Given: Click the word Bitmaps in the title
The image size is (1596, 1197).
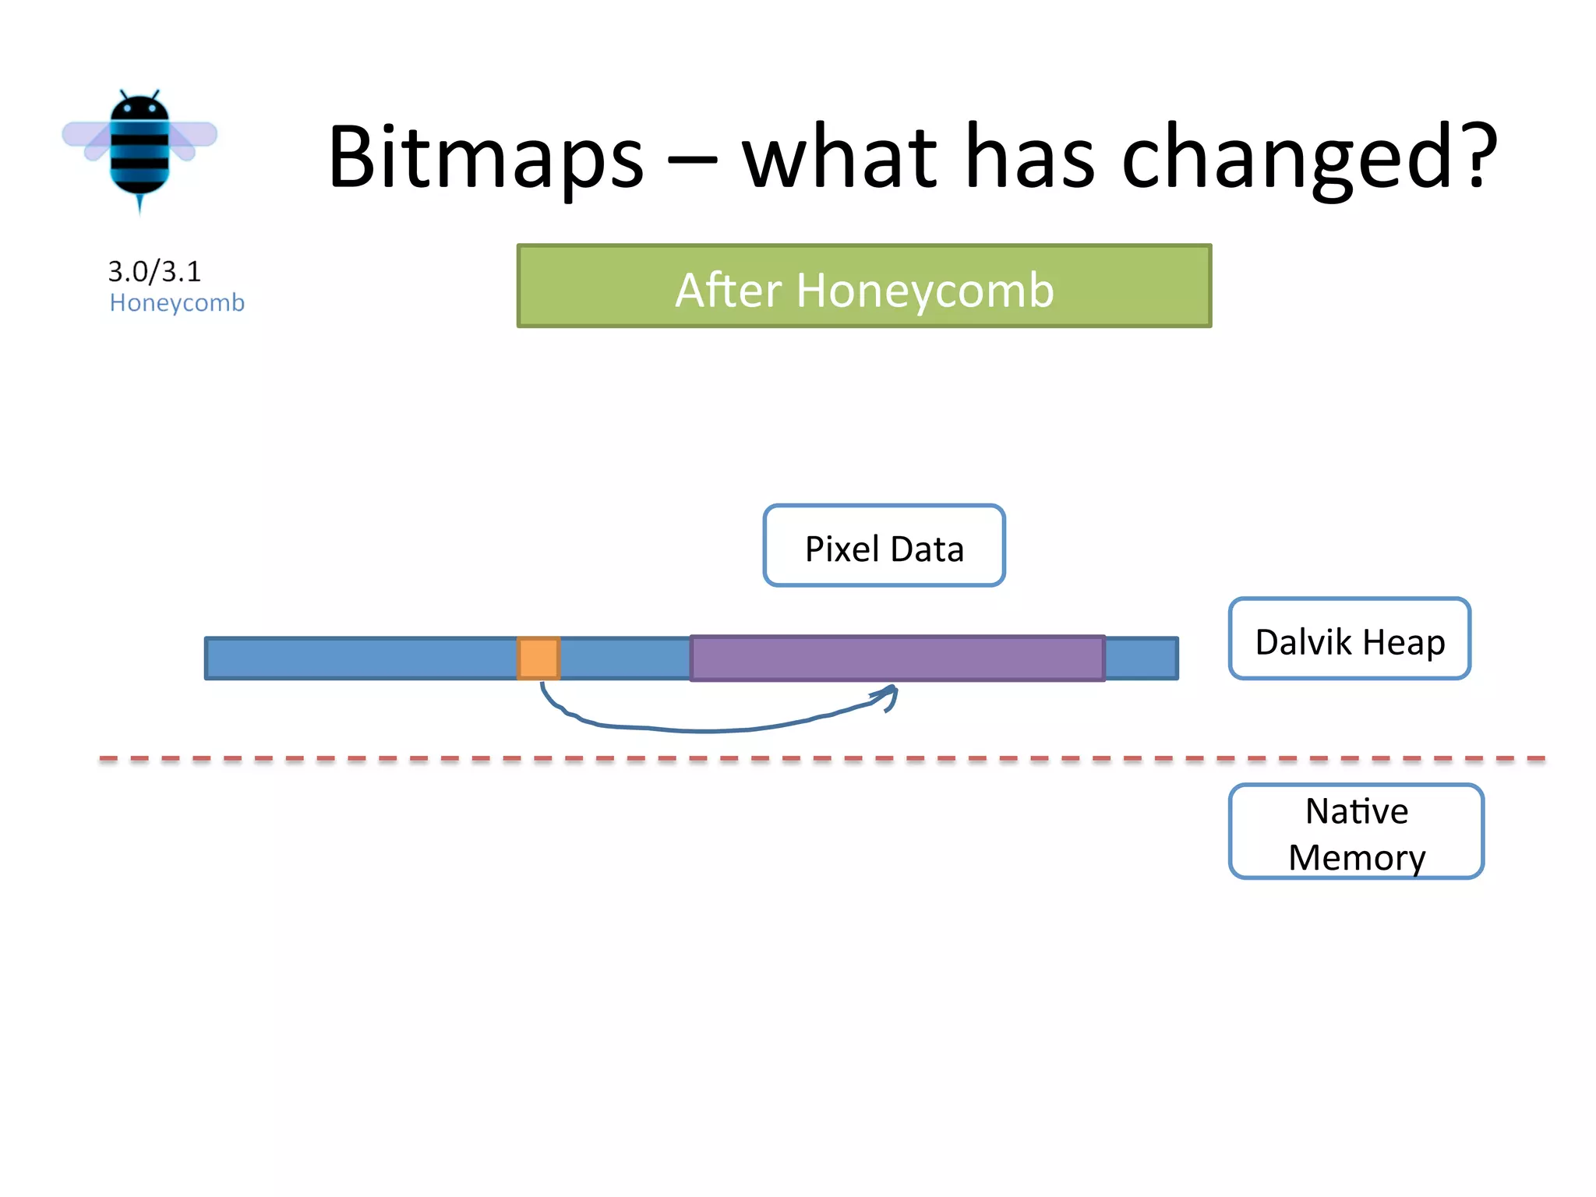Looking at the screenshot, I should point(485,158).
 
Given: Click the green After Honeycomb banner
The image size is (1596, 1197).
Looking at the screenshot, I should point(863,286).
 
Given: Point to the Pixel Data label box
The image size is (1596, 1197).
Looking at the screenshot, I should point(884,546).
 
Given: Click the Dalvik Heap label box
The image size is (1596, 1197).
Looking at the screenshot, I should point(1349,639).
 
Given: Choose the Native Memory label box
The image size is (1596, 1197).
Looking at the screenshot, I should point(1355,832).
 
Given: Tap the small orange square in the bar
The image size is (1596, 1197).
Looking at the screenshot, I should point(538,659).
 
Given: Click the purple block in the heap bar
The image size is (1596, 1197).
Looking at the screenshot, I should point(897,659).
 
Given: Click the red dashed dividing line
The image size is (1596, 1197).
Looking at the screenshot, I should point(779,757).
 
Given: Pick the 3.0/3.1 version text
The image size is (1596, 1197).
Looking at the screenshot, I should point(154,271).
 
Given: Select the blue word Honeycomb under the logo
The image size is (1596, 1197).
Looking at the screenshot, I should point(177,302).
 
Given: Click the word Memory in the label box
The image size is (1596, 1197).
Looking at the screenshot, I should point(1356,857).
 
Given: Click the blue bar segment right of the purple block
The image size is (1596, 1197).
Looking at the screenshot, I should point(1141,659).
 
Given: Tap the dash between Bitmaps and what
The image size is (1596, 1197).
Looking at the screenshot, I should point(692,162).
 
